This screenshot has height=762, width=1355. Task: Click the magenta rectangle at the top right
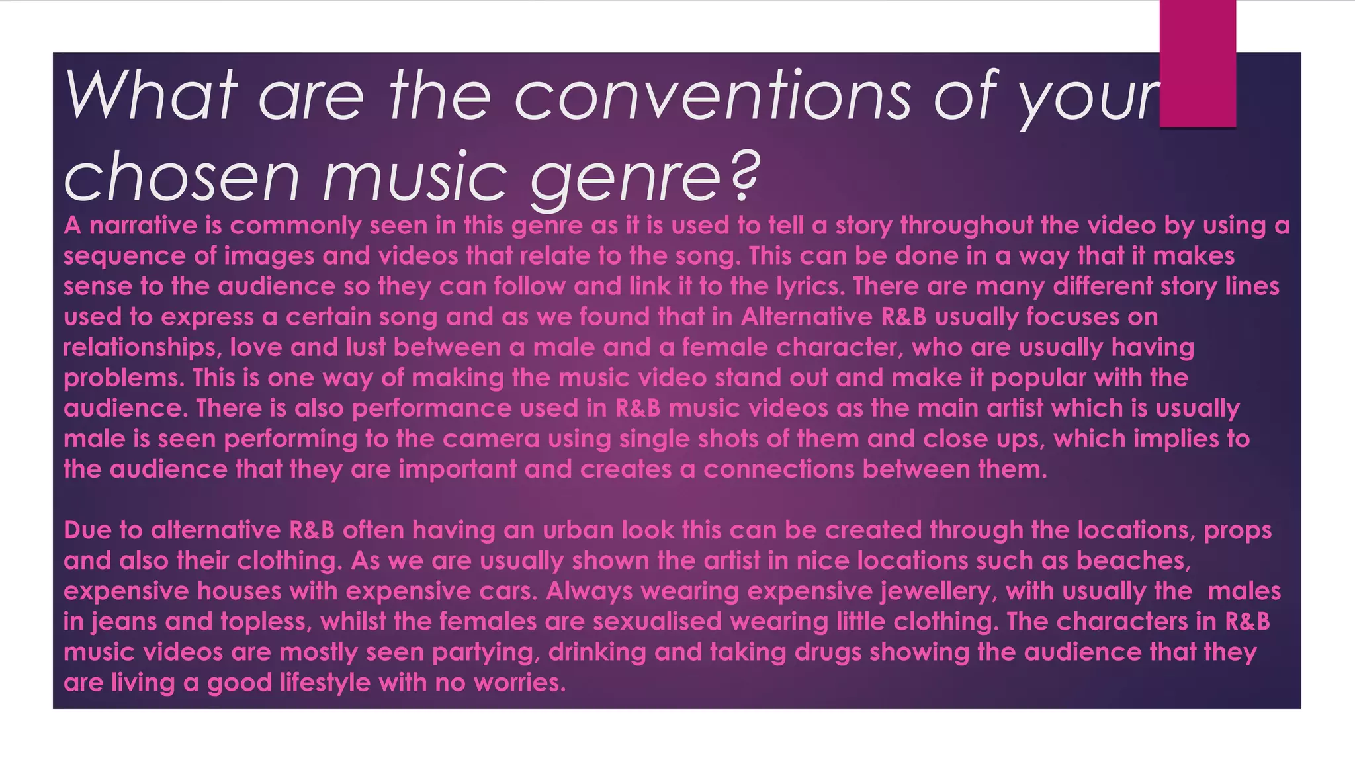(1198, 63)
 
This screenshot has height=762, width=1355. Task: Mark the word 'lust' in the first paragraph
(365, 348)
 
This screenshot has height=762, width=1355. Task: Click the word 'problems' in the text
(124, 378)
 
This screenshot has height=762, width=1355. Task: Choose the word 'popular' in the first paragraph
(1038, 378)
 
